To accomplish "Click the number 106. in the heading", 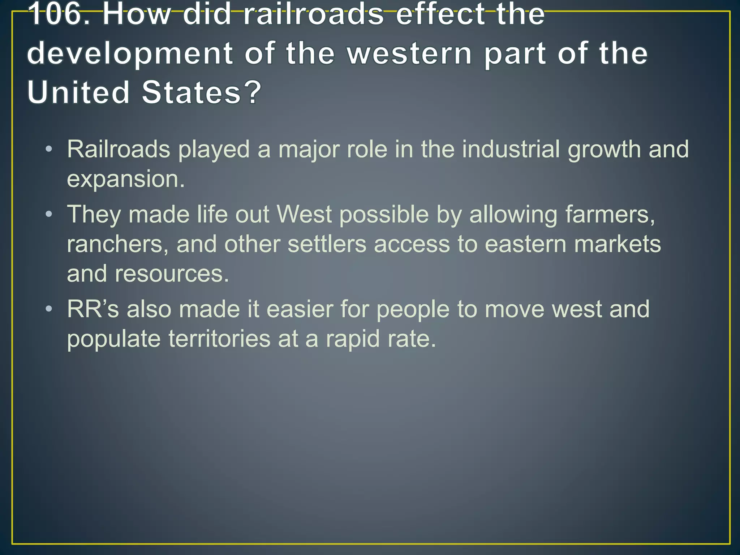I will point(60,14).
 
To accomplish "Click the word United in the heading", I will point(78,92).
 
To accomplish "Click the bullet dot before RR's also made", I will point(49,309).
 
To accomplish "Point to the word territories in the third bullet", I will point(219,339).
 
